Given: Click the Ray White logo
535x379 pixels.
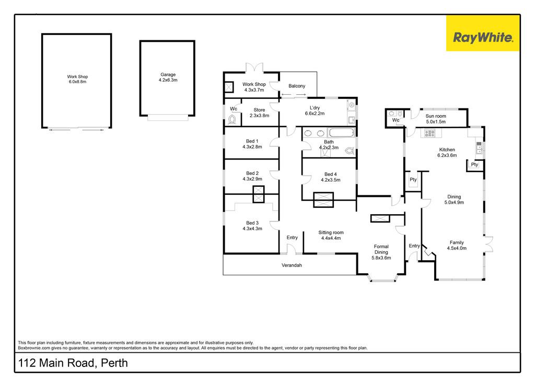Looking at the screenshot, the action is (483, 34).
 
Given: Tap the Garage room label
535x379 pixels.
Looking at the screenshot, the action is (168, 74).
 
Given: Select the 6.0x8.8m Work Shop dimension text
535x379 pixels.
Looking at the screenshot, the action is (77, 82).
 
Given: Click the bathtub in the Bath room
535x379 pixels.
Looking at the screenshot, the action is (341, 132).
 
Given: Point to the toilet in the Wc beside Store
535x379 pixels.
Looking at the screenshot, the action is (232, 120).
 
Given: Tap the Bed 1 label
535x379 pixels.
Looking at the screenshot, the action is (252, 141).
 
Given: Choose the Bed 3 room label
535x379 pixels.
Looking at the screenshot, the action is (252, 223).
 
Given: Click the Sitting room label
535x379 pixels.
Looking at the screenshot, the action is (331, 232).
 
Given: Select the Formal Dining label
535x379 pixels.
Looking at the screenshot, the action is (381, 249).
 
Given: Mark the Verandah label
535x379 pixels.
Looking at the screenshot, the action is (292, 265).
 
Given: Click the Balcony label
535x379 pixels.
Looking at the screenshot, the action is (297, 86).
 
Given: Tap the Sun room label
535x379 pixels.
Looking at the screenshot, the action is (436, 116).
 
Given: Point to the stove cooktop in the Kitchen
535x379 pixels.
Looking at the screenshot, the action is (429, 133).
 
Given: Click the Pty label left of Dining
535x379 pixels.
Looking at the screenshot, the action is (413, 180).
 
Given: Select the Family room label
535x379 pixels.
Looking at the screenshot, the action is (457, 242).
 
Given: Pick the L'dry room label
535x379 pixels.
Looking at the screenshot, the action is (315, 108).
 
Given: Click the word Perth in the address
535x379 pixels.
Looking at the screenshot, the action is (114, 363).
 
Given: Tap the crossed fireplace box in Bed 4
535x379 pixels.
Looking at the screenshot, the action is (323, 199).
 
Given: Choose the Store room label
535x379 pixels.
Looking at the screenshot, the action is (259, 110).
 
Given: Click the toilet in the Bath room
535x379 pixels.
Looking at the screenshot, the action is (350, 150).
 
